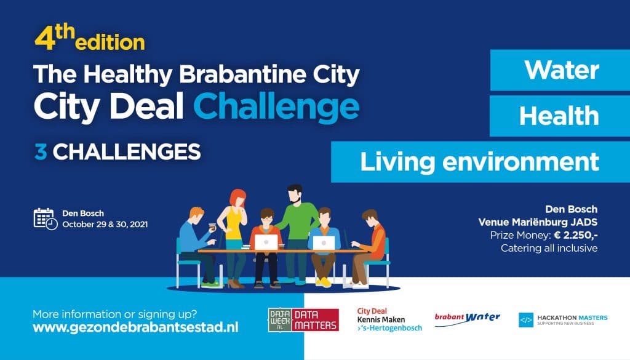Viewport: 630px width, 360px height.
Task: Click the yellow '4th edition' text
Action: [90, 39]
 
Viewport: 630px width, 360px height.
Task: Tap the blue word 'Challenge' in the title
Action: [276, 107]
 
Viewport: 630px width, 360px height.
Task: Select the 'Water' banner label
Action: [561, 70]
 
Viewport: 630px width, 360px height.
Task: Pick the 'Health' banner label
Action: [559, 116]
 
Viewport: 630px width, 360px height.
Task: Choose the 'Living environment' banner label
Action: [479, 161]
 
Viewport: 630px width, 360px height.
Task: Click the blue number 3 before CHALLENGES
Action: [41, 152]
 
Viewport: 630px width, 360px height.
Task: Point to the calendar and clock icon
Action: [46, 219]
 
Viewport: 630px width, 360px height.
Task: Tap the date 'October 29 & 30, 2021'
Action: [105, 224]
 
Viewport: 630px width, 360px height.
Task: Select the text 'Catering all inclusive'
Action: [549, 248]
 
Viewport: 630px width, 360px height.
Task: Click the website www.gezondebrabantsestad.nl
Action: [135, 327]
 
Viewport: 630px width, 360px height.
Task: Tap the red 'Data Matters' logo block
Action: [315, 320]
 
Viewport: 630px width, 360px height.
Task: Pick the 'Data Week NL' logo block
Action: [280, 320]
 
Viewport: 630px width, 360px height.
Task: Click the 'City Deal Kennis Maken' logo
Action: [389, 320]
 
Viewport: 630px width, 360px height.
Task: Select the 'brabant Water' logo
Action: [468, 319]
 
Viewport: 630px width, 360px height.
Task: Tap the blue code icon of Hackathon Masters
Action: [526, 320]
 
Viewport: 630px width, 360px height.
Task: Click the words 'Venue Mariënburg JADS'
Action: [538, 222]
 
